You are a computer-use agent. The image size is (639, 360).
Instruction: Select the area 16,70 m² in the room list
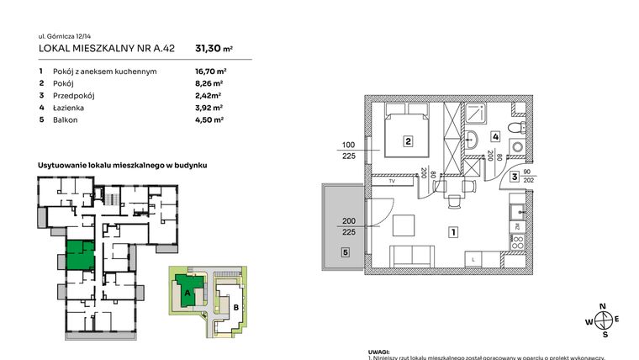pos(209,72)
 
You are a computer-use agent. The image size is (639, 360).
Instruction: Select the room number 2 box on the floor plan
pos(407,142)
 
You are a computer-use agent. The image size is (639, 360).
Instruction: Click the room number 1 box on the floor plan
pos(452,231)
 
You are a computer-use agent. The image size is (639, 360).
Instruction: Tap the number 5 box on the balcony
pos(345,251)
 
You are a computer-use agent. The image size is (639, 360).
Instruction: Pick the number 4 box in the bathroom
pos(496,136)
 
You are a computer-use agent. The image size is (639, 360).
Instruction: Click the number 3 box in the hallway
pos(513,177)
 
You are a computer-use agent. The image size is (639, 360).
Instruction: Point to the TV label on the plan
pos(391,181)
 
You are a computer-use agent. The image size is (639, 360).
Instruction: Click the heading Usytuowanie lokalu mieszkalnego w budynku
pos(122,166)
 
